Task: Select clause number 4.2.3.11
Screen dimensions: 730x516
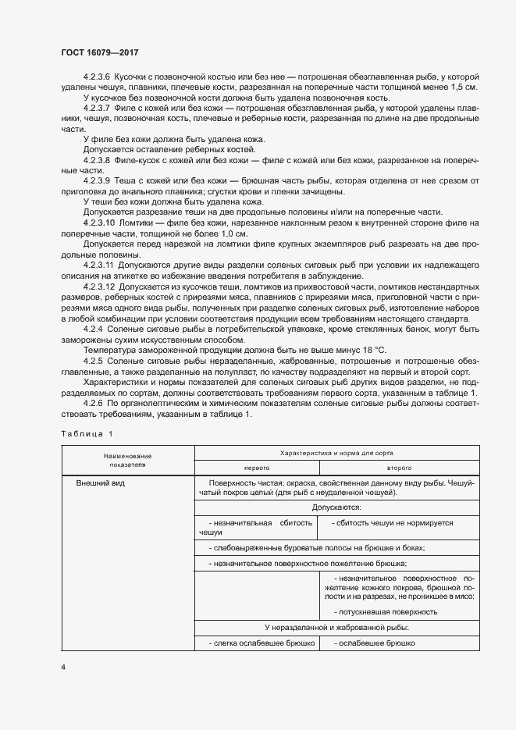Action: [99, 266]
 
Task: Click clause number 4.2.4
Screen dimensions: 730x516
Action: [93, 329]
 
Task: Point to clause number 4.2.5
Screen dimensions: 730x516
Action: [93, 361]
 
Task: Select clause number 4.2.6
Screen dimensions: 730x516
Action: [93, 403]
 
